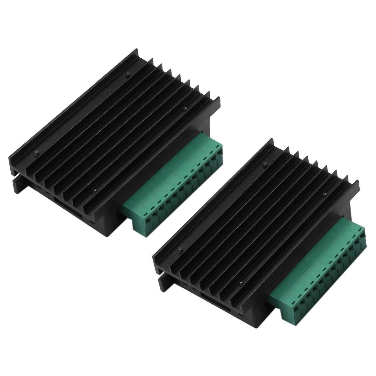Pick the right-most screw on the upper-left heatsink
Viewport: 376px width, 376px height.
pyautogui.click(x=185, y=109)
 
